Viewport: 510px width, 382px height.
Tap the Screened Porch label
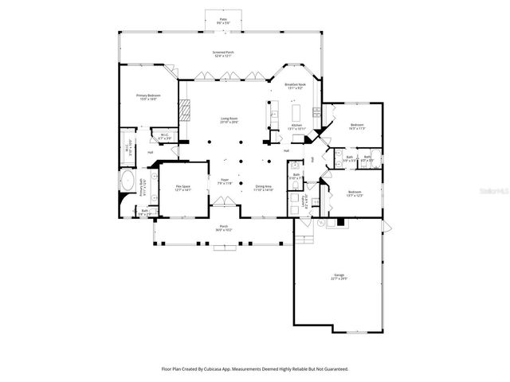222,54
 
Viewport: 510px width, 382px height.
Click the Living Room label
230,121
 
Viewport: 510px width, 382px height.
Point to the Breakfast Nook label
295,86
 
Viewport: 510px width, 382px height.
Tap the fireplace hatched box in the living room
186,109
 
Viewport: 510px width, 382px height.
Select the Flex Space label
182,189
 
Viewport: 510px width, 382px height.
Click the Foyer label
225,182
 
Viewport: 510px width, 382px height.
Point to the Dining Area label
263,189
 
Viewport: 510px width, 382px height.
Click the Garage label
339,276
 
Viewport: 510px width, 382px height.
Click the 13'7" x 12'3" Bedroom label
356,193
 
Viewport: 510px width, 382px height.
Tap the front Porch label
224,228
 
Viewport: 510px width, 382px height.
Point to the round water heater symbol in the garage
322,224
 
